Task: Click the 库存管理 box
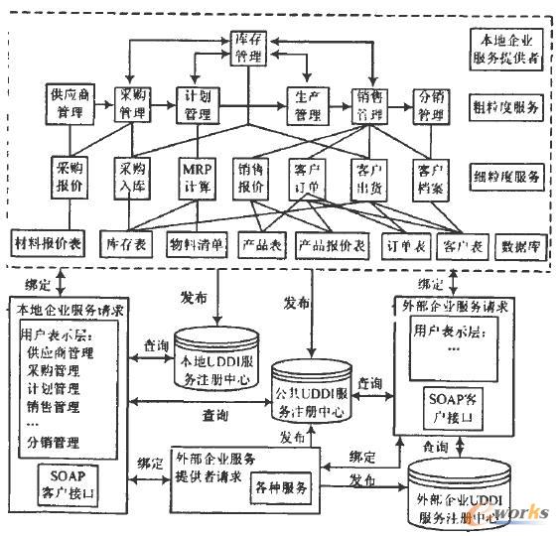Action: pos(245,46)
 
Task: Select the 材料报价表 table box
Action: pos(49,242)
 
